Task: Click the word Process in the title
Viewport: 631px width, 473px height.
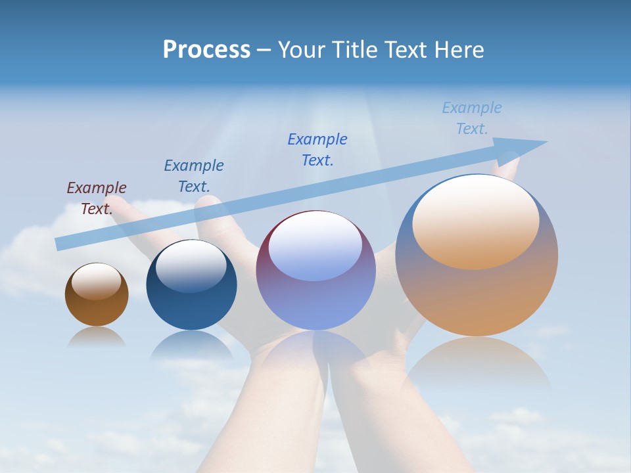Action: [x=206, y=50]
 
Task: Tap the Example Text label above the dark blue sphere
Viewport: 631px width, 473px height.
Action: [x=194, y=176]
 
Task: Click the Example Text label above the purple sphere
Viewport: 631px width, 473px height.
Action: [x=317, y=150]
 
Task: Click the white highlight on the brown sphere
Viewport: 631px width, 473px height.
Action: [x=97, y=281]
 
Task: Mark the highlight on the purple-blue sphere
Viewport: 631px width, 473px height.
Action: [x=315, y=246]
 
